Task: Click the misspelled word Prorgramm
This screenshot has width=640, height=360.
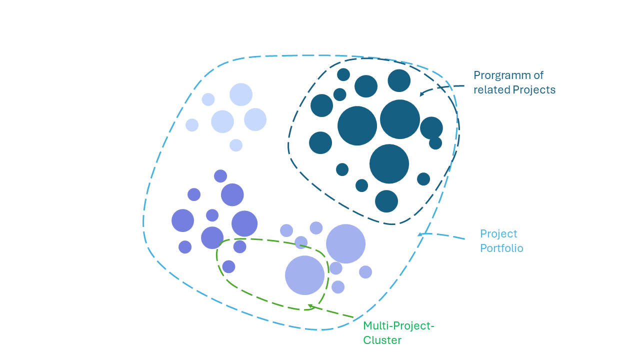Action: pyautogui.click(x=501, y=75)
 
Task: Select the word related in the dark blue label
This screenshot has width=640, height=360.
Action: pyautogui.click(x=491, y=90)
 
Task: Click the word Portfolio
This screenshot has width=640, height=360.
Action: pyautogui.click(x=501, y=248)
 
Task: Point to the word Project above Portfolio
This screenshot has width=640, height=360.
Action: pyautogui.click(x=498, y=234)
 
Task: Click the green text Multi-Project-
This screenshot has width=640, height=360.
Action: pyautogui.click(x=398, y=326)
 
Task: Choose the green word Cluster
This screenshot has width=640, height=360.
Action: pyautogui.click(x=382, y=340)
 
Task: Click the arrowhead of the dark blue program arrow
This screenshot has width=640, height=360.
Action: pyautogui.click(x=421, y=93)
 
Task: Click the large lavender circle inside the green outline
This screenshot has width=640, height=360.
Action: pyautogui.click(x=304, y=275)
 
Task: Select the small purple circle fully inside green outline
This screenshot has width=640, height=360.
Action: pyautogui.click(x=228, y=266)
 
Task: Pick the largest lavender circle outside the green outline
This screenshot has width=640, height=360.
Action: pyautogui.click(x=345, y=243)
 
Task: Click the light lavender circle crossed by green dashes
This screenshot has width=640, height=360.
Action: pyautogui.click(x=301, y=242)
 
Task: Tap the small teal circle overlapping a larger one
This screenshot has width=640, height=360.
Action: pyautogui.click(x=435, y=143)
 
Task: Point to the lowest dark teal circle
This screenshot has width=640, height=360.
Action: pyautogui.click(x=386, y=201)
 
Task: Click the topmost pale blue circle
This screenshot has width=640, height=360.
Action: pyautogui.click(x=241, y=94)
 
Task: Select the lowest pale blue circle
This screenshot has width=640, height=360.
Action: pyautogui.click(x=236, y=145)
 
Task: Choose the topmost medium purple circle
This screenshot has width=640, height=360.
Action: pyautogui.click(x=220, y=176)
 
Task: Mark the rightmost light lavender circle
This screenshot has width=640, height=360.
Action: pyautogui.click(x=365, y=272)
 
